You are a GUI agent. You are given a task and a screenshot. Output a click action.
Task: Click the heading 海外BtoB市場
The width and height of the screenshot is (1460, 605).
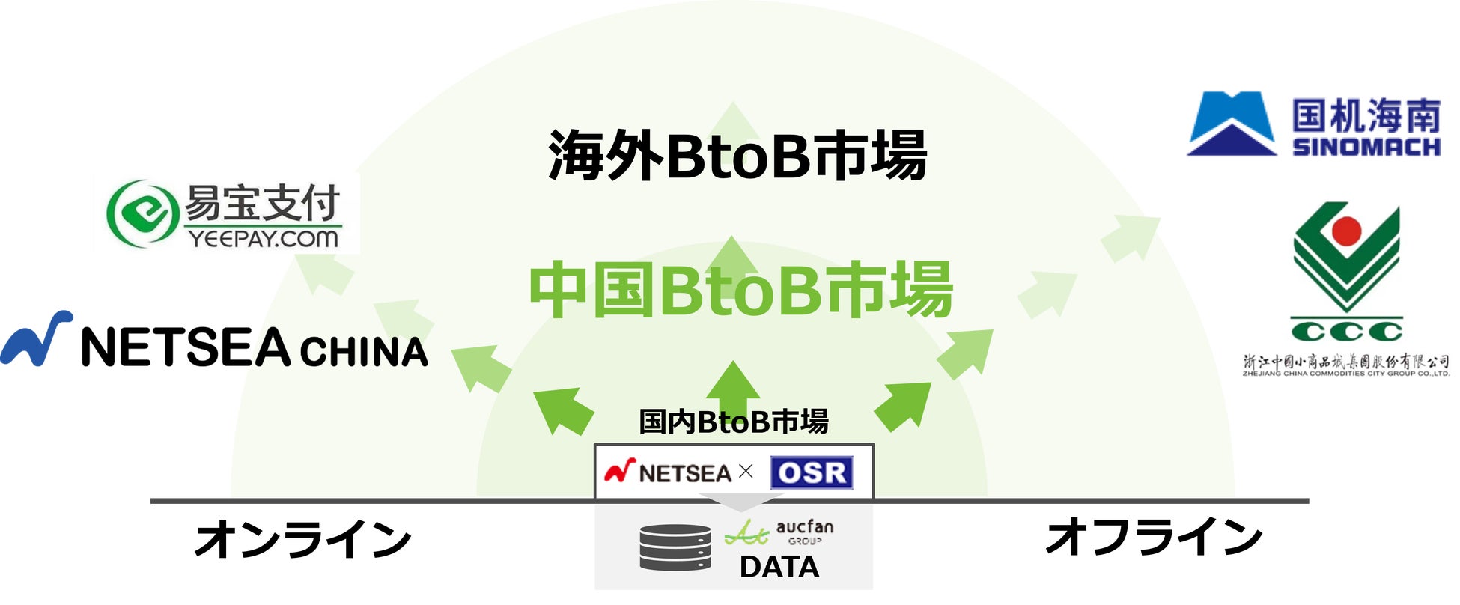737,156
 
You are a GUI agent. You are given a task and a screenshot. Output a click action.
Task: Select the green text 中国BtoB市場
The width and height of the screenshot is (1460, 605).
741,291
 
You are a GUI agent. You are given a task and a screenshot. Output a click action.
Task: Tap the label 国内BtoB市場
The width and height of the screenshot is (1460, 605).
734,422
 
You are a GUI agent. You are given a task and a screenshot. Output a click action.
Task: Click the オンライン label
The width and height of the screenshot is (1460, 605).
303,539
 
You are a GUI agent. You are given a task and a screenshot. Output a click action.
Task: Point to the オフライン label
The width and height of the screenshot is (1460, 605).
1154,538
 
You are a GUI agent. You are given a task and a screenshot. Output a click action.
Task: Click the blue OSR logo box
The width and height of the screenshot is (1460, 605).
812,472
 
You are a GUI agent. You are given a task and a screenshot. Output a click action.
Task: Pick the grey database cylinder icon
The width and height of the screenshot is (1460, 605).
675,547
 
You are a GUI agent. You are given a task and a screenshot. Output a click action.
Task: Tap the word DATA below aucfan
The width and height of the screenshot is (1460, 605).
779,567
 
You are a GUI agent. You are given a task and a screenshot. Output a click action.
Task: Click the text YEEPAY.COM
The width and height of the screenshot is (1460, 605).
264,239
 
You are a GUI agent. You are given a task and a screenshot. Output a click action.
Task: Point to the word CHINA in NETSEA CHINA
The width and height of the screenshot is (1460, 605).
364,352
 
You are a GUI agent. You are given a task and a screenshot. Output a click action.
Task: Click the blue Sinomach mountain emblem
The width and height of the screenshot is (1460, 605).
1231,124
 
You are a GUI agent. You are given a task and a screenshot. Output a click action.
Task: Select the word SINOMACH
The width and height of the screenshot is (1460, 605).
1366,146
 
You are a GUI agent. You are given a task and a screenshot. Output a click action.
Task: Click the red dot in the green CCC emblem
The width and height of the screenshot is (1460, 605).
1345,231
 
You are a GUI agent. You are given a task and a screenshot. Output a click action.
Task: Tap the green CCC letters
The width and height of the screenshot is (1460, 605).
1346,331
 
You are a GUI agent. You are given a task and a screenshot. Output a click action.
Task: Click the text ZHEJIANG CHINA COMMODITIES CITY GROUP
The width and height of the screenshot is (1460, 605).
1345,373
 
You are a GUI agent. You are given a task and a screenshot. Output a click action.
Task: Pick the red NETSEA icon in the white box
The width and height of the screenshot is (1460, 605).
620,470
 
